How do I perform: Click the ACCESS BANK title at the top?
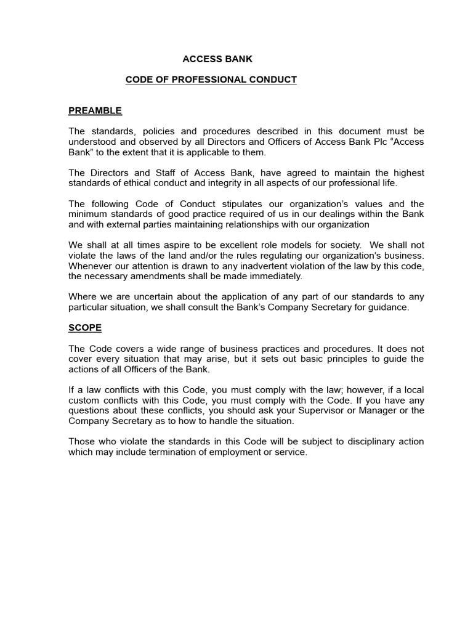point(217,59)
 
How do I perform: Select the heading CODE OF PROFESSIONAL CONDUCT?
point(211,79)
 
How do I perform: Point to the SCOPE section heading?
point(85,328)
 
